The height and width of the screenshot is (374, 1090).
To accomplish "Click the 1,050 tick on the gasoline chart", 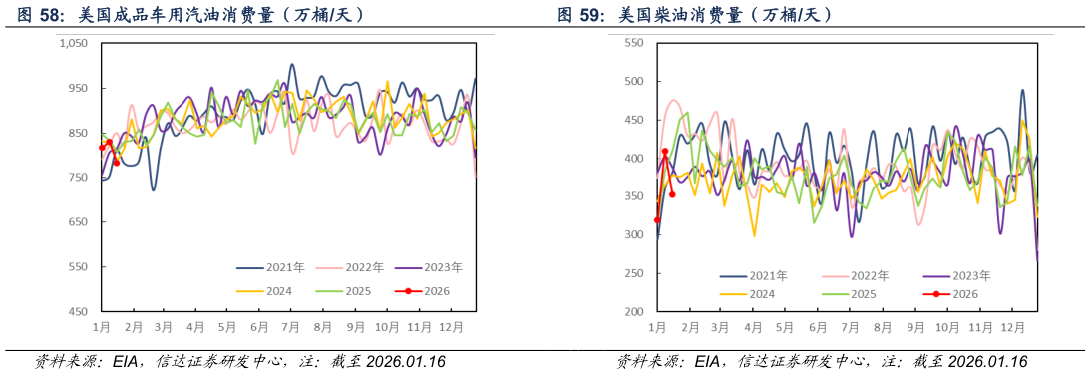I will pyautogui.click(x=75, y=43).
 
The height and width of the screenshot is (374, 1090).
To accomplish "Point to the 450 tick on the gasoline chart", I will pyautogui.click(x=79, y=312).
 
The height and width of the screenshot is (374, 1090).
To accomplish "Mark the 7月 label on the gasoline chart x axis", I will pyautogui.click(x=290, y=326).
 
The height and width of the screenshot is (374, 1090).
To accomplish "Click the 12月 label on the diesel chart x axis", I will pyautogui.click(x=1012, y=326).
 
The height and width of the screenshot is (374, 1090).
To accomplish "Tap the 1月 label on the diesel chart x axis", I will pyautogui.click(x=657, y=326).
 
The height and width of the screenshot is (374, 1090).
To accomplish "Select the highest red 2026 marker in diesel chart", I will pyautogui.click(x=665, y=152).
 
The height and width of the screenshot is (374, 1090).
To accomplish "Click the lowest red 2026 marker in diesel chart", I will pyautogui.click(x=657, y=220).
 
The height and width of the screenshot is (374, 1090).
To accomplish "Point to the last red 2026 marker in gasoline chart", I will pyautogui.click(x=117, y=162).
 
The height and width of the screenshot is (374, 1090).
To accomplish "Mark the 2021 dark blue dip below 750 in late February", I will pyautogui.click(x=153, y=189).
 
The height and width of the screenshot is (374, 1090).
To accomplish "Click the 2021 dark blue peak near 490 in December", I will pyautogui.click(x=1022, y=90).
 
